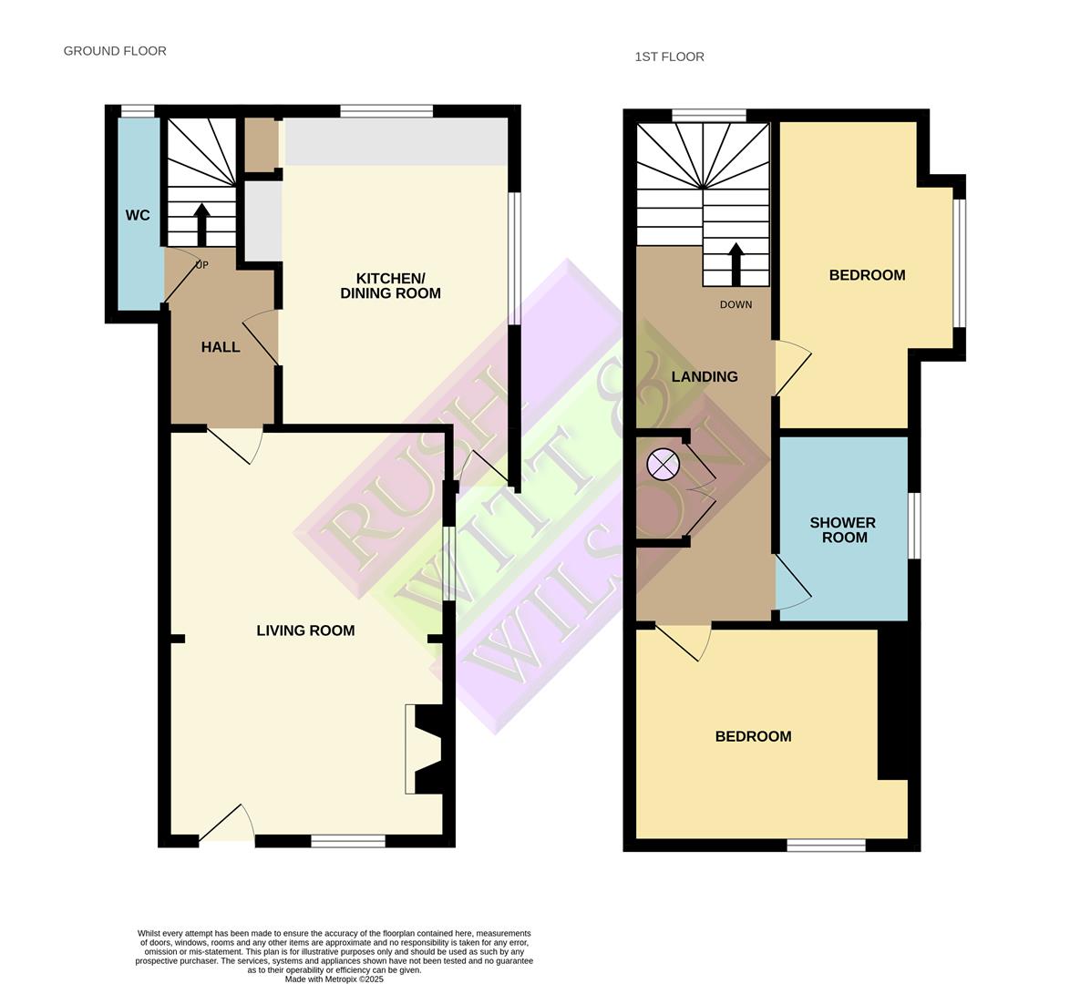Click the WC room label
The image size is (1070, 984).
pyautogui.click(x=138, y=216)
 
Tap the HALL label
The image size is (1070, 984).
pyautogui.click(x=221, y=347)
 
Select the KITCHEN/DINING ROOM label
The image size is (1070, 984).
pyautogui.click(x=390, y=286)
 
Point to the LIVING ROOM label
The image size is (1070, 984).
pyautogui.click(x=305, y=630)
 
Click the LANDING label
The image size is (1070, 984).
pyautogui.click(x=705, y=376)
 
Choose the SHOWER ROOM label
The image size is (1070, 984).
pyautogui.click(x=843, y=530)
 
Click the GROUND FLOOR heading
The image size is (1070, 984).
pyautogui.click(x=115, y=51)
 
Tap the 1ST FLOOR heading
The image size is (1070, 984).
pyautogui.click(x=669, y=56)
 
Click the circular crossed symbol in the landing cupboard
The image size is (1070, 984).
pyautogui.click(x=663, y=465)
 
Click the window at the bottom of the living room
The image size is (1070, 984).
pyautogui.click(x=348, y=841)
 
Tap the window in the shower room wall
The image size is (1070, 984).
pyautogui.click(x=914, y=526)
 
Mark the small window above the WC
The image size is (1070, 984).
pyautogui.click(x=138, y=112)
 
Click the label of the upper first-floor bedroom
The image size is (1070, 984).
pyautogui.click(x=867, y=275)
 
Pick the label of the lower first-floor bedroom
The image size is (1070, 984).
pyautogui.click(x=753, y=736)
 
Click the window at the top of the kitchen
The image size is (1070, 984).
pyautogui.click(x=386, y=111)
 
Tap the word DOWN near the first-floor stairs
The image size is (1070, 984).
pyautogui.click(x=736, y=304)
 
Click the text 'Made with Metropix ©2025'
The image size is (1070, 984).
pyautogui.click(x=334, y=979)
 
